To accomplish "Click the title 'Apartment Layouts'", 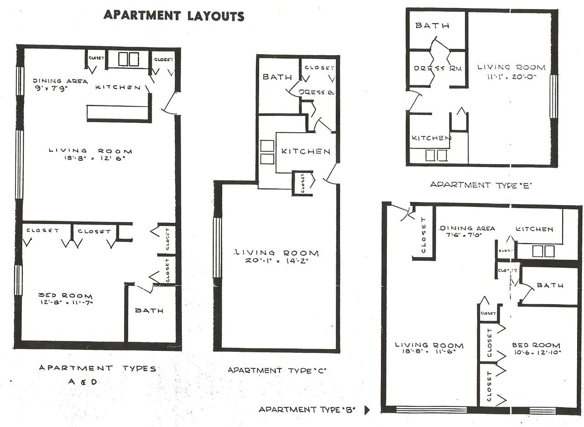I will pyautogui.click(x=174, y=15).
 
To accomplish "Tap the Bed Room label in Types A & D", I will pyautogui.click(x=66, y=296).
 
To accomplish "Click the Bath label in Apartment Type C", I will pyautogui.click(x=277, y=77).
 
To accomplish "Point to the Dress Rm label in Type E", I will pyautogui.click(x=438, y=68).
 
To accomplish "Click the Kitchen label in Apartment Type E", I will pyautogui.click(x=431, y=138).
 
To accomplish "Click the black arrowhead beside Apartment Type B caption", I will pyautogui.click(x=367, y=410).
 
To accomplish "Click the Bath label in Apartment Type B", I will pyautogui.click(x=550, y=286).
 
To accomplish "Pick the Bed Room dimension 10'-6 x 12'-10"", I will pyautogui.click(x=536, y=352).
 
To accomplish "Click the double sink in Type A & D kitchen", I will pyautogui.click(x=129, y=59).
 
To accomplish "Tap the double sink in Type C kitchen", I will pyautogui.click(x=267, y=152).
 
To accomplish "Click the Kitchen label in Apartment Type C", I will pyautogui.click(x=305, y=151).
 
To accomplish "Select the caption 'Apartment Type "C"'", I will pyautogui.click(x=277, y=370).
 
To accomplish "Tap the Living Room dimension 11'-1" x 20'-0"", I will pyautogui.click(x=511, y=77).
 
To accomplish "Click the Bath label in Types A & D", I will pyautogui.click(x=149, y=311).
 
